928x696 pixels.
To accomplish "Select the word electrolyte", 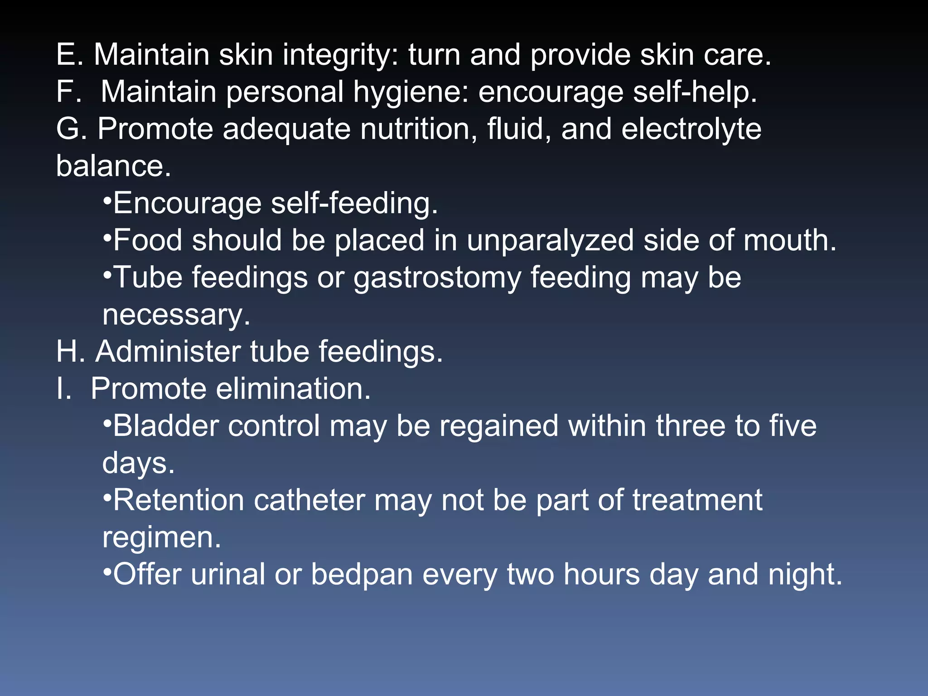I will click(x=691, y=129).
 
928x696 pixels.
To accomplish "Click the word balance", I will click(x=113, y=166).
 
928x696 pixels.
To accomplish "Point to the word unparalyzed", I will click(x=550, y=240).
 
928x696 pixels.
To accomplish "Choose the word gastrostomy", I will click(x=437, y=278).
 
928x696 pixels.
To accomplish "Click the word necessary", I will click(x=176, y=314).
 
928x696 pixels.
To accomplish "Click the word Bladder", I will click(x=166, y=426).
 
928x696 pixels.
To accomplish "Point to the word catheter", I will click(x=309, y=500).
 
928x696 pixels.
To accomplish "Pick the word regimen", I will click(x=161, y=537).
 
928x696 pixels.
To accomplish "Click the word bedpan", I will click(x=362, y=575).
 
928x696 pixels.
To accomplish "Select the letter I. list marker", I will click(x=64, y=389).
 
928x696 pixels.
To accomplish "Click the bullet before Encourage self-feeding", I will click(x=107, y=200).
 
